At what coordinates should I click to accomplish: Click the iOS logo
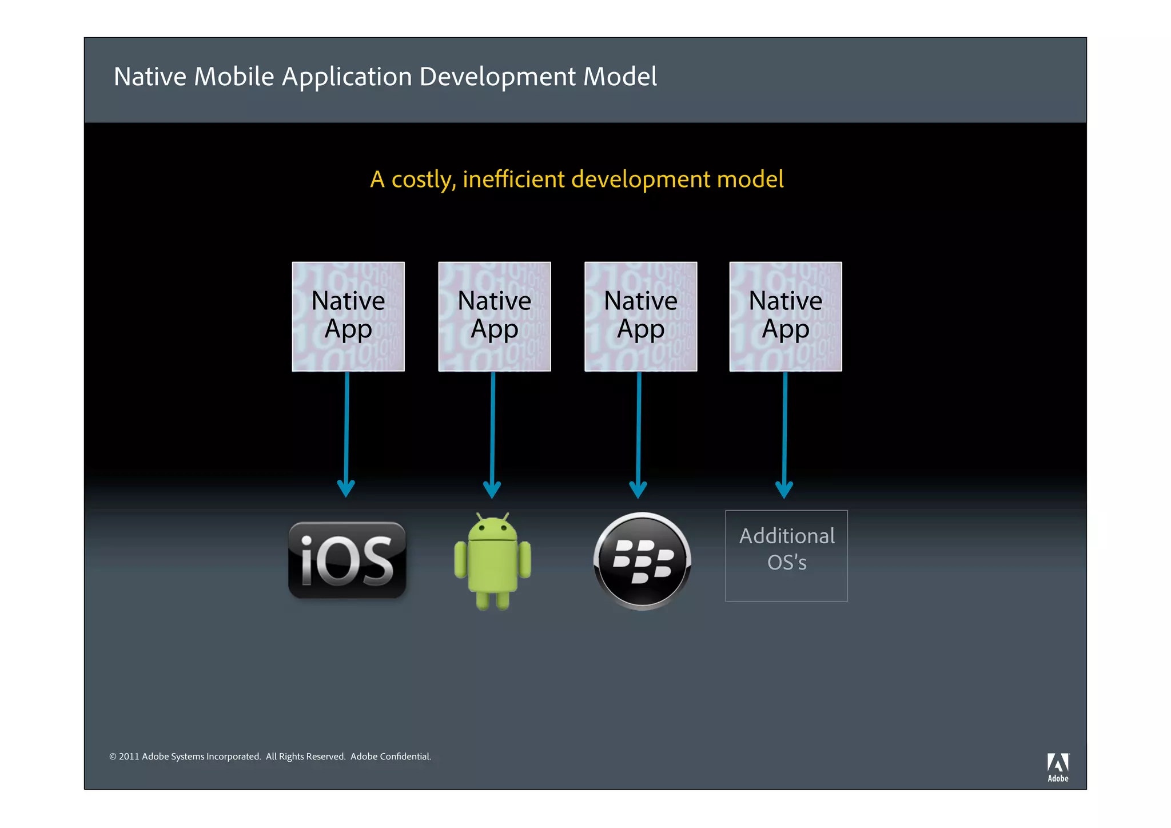coord(347,560)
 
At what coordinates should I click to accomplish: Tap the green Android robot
coord(492,563)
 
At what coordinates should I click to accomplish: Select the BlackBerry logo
coord(642,561)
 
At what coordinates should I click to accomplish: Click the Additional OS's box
coord(786,555)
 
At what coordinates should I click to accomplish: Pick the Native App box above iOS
coord(348,316)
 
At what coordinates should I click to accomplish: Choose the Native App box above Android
coord(495,316)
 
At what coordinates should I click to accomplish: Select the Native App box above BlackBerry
coord(640,316)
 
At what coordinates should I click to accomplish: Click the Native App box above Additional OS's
coord(786,316)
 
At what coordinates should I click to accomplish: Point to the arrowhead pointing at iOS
coord(346,489)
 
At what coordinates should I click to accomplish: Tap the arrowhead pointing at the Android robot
coord(492,489)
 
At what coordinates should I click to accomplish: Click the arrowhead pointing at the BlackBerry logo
coord(638,489)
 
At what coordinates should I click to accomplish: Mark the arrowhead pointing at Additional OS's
coord(784,489)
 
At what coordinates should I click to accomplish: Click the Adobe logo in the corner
coord(1058,767)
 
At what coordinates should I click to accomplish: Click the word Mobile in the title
coord(234,77)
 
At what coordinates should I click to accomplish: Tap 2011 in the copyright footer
coord(129,757)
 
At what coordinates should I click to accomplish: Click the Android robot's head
coord(492,529)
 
